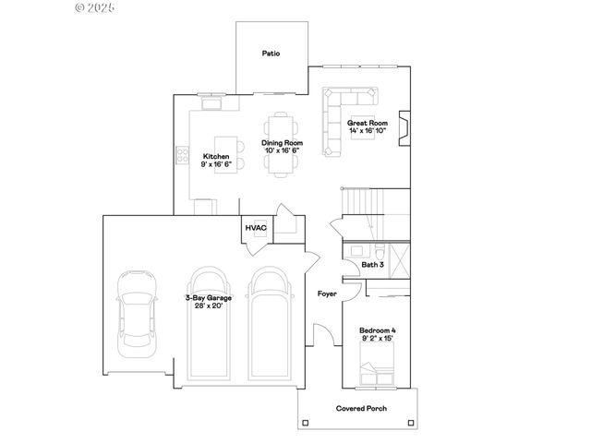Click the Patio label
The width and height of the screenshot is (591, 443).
coord(271,54)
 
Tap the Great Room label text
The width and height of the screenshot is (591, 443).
coord(367,123)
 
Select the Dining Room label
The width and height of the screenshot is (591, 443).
coord(282,143)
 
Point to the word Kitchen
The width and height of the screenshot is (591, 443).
coord(216,157)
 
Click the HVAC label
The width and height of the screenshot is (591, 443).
coord(255,227)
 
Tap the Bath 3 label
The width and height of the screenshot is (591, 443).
coord(372,265)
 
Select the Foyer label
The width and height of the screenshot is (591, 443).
coord(326,294)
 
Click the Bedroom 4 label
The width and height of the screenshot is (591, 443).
coord(380,330)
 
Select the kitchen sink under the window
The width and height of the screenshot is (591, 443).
coord(210,104)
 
